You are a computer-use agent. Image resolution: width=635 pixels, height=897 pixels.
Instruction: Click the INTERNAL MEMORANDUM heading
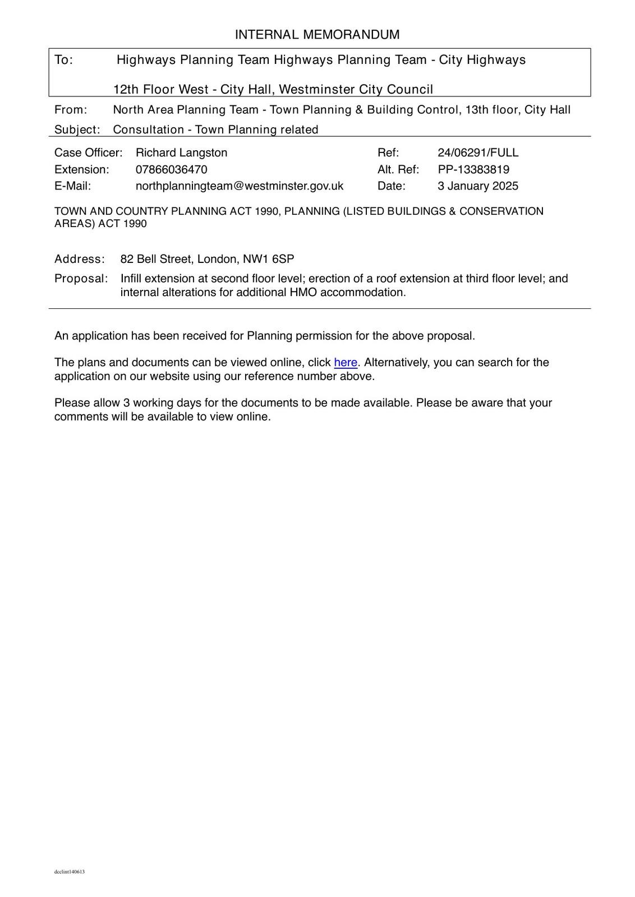[x=317, y=35]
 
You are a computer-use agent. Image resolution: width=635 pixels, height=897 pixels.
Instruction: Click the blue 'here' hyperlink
[x=346, y=363]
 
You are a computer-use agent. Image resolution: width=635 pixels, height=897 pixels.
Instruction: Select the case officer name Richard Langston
[x=181, y=153]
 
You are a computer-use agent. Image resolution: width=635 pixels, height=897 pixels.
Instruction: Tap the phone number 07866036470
[x=171, y=170]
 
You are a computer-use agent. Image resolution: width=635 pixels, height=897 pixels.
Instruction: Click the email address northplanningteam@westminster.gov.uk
[x=239, y=186]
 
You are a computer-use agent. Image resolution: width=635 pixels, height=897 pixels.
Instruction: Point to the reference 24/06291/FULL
[x=478, y=153]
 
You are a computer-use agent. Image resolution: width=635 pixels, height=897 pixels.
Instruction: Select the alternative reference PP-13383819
[x=473, y=170]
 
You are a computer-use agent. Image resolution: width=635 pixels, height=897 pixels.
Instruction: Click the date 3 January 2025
[x=478, y=186]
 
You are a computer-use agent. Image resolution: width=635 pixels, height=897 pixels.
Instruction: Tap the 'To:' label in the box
[x=64, y=60]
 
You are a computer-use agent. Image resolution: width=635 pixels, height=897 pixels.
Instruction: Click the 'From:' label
[x=71, y=110]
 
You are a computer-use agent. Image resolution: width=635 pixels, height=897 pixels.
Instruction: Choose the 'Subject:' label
[x=77, y=130]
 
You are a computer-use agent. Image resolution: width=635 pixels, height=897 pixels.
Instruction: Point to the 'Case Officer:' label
[x=89, y=153]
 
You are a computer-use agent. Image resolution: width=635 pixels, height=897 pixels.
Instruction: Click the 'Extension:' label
[x=82, y=170]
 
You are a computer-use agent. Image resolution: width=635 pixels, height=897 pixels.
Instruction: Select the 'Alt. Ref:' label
[x=398, y=170]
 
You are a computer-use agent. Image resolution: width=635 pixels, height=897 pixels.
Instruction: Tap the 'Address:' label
[x=80, y=260]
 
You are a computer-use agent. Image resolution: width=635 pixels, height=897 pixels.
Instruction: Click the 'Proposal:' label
[x=81, y=279]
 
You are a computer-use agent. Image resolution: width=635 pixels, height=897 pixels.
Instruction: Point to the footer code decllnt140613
[x=70, y=872]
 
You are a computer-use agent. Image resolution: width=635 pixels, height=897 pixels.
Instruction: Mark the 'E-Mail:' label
[x=72, y=186]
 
